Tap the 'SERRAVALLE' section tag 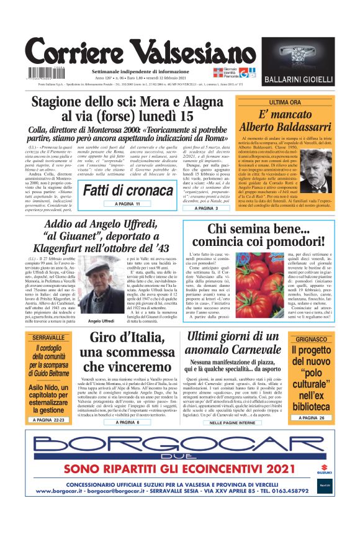tap(50, 338)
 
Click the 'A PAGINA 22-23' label tap(50, 420)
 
